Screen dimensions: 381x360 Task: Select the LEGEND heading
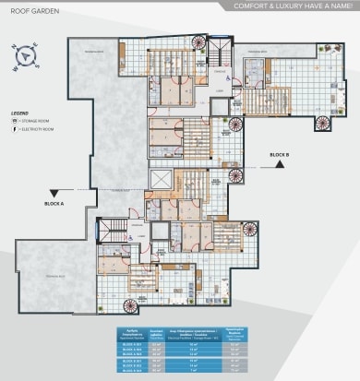coord(19,113)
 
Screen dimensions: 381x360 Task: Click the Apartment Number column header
coord(131,331)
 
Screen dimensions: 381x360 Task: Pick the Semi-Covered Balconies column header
coord(156,331)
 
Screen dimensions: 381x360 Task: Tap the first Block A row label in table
coord(131,340)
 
